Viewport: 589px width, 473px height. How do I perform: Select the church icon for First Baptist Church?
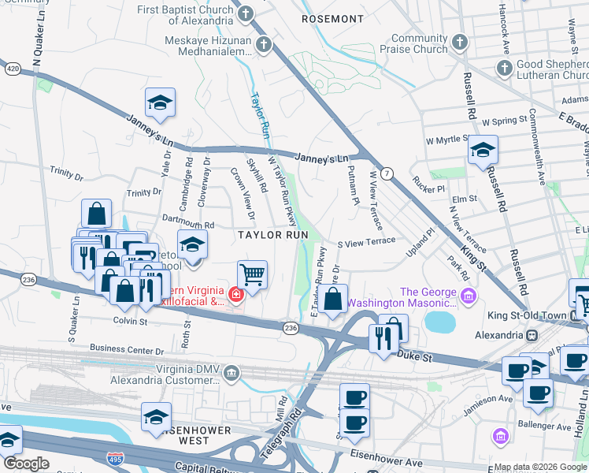point(246,14)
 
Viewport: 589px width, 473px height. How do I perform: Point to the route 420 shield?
point(13,69)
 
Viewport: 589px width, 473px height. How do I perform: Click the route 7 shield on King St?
point(386,173)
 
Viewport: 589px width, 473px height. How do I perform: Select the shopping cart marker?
point(252,275)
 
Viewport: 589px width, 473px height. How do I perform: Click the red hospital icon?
point(235,295)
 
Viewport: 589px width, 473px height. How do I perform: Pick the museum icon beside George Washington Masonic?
point(469,296)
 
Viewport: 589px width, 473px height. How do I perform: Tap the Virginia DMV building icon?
point(231,371)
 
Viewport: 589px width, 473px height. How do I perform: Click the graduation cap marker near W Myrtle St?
point(483,149)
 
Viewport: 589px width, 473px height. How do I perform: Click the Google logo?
point(26,464)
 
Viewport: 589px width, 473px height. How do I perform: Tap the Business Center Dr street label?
point(126,348)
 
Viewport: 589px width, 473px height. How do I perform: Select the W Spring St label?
point(504,122)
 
